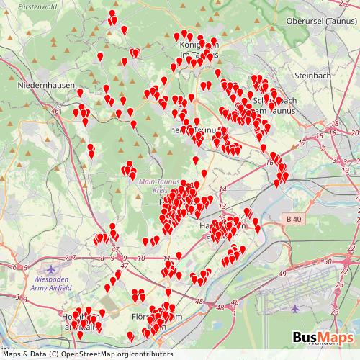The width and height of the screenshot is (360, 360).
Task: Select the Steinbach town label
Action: pos(312,75)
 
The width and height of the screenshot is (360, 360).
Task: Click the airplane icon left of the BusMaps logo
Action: pos(295,307)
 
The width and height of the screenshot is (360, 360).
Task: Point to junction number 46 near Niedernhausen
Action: pos(55,111)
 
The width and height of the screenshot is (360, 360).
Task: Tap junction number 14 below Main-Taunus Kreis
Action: pos(222,188)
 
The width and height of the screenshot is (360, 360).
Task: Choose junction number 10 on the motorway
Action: pos(141,257)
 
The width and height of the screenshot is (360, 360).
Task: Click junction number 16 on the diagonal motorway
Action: pos(270,163)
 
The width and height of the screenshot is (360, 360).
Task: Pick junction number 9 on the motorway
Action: pos(124,257)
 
